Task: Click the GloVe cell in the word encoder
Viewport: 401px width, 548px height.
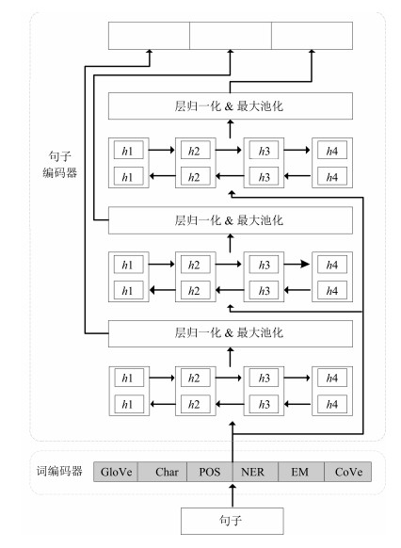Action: [x=116, y=472]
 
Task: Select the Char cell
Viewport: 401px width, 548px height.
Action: [x=163, y=472]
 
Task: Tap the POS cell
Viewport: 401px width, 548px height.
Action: [x=210, y=472]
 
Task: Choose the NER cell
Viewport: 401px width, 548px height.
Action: [x=255, y=472]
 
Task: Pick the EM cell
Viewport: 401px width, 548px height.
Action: [x=301, y=472]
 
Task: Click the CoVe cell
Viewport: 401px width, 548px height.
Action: [x=348, y=472]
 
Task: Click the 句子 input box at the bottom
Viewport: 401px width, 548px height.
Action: [x=232, y=521]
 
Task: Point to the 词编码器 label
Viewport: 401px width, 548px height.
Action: [x=59, y=471]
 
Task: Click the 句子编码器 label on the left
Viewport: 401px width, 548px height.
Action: [x=59, y=164]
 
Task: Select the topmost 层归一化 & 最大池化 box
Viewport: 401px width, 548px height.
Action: [x=231, y=105]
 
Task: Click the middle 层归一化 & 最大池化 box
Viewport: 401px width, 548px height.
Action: [x=231, y=220]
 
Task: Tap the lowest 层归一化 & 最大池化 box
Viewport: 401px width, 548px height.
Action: [x=231, y=333]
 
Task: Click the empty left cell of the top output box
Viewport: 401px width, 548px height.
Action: [x=149, y=36]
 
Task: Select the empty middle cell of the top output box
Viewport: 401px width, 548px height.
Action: [x=231, y=36]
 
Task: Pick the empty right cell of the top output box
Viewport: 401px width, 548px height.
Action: [x=312, y=36]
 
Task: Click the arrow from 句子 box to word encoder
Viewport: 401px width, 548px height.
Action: [x=233, y=495]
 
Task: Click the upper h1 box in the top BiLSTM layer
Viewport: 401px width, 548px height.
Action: [x=128, y=151]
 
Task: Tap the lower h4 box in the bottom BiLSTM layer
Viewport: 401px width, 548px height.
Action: [x=332, y=404]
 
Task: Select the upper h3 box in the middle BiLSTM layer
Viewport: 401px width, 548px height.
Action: [x=264, y=265]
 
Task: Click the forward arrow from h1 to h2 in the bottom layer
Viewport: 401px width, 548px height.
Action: [x=162, y=378]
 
